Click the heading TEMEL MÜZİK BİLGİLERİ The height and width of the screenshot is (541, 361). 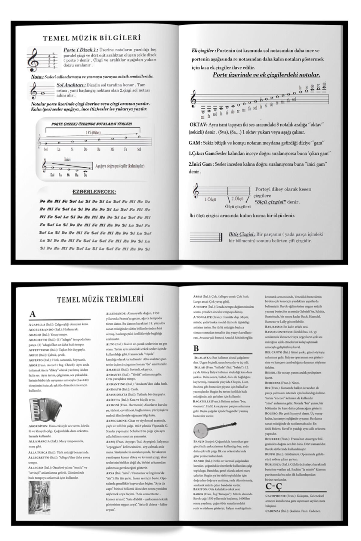92,38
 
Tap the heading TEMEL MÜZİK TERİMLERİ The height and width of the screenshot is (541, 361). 100,299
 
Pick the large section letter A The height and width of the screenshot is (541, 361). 32,314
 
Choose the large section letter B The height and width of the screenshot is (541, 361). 196,348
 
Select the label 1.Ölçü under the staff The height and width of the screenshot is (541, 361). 210,199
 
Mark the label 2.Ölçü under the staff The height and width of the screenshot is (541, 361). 237,199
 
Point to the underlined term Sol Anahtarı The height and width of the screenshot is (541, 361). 71,85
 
